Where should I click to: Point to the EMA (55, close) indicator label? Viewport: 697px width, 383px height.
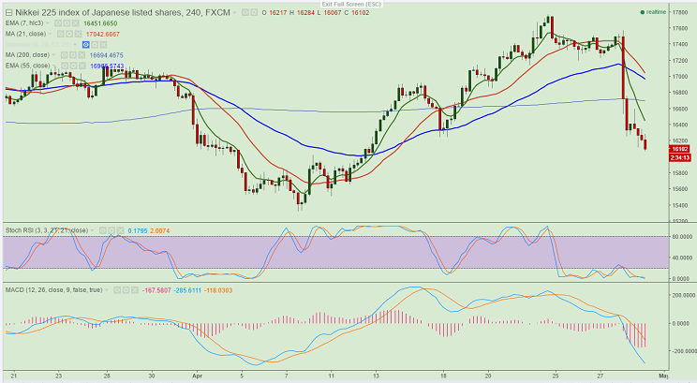29,66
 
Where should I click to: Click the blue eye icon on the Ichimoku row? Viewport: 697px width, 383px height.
85,44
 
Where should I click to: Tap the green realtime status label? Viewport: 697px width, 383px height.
658,12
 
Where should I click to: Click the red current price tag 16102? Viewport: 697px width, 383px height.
679,149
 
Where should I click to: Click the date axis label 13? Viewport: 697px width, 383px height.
375,375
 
